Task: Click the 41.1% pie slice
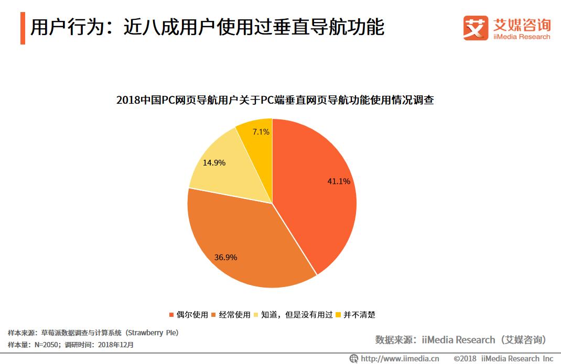point(315,204)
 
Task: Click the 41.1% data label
point(339,181)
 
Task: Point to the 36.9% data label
point(225,257)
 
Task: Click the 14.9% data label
point(214,163)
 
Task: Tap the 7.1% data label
point(261,132)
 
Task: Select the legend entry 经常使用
point(231,315)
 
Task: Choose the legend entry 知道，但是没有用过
point(293,315)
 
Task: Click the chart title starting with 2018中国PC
point(275,100)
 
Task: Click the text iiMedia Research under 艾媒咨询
point(522,37)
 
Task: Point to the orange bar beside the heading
point(23,28)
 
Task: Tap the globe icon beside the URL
point(354,359)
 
